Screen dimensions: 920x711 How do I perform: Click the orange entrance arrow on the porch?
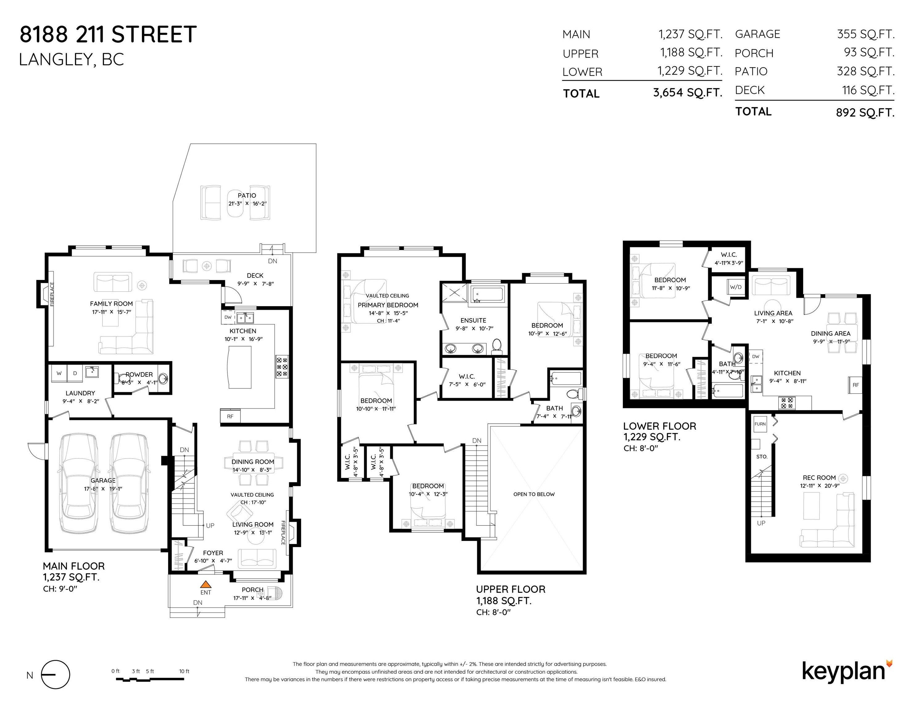(x=206, y=584)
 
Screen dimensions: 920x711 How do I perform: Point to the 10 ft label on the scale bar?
(x=184, y=671)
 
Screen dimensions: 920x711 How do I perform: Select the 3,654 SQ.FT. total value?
(x=688, y=93)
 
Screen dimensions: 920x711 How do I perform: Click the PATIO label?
(x=247, y=195)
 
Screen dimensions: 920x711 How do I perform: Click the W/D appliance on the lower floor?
(x=735, y=287)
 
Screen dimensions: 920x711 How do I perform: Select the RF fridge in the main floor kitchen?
(x=230, y=416)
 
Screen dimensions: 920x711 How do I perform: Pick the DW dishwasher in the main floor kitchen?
(x=228, y=317)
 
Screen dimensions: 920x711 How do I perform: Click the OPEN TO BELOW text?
(x=534, y=494)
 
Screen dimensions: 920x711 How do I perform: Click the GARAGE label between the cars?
(x=103, y=480)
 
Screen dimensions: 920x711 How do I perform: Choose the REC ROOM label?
(x=819, y=478)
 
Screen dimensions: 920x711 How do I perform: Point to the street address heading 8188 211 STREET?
(x=108, y=34)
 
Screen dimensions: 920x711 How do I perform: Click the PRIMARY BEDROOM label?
(x=388, y=305)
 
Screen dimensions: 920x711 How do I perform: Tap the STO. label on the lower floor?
(x=762, y=457)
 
